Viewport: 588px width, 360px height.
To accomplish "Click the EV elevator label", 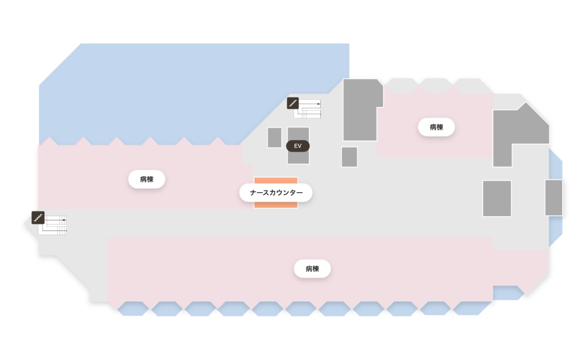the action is pyautogui.click(x=298, y=146).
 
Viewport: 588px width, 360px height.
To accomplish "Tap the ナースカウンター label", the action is pyautogui.click(x=276, y=192).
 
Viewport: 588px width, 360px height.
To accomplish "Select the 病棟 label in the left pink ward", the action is pyautogui.click(x=147, y=179).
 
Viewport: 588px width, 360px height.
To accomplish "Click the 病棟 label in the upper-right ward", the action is pyautogui.click(x=436, y=127).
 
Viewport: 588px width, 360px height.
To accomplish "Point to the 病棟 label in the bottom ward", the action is pyautogui.click(x=312, y=269).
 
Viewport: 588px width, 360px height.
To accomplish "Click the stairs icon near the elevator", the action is pyautogui.click(x=293, y=103).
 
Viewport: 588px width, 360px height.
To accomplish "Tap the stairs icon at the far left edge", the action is pyautogui.click(x=38, y=217).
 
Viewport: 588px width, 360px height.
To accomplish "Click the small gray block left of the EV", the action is pyautogui.click(x=274, y=137).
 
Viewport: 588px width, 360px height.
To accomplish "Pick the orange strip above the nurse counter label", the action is pyautogui.click(x=276, y=180).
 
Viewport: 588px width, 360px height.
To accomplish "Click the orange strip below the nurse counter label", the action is pyautogui.click(x=276, y=205).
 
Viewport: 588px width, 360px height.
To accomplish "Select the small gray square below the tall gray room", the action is pyautogui.click(x=349, y=157).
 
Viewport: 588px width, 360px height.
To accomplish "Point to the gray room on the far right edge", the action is pyautogui.click(x=554, y=198).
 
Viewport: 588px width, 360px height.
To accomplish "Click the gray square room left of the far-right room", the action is pyautogui.click(x=497, y=198).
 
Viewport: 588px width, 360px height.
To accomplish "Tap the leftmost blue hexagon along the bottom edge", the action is pyautogui.click(x=133, y=309).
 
